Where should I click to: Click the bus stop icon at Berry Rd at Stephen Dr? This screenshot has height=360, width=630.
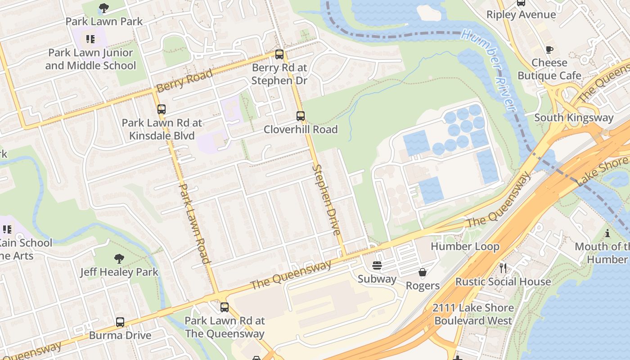click(x=279, y=54)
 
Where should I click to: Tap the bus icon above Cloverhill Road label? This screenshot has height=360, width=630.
click(x=301, y=116)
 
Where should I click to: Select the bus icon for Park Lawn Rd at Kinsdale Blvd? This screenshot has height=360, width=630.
click(x=162, y=109)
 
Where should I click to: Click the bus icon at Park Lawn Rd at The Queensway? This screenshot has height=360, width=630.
click(x=225, y=307)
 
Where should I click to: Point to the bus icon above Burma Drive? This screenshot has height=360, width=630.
click(x=120, y=322)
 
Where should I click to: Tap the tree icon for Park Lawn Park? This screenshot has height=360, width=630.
click(x=104, y=8)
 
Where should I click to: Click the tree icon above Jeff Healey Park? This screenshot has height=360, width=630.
click(x=119, y=259)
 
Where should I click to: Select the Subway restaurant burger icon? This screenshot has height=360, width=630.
click(x=377, y=265)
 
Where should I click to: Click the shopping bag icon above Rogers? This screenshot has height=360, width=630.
click(x=423, y=272)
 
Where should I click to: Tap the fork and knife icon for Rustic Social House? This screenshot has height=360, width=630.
click(x=503, y=268)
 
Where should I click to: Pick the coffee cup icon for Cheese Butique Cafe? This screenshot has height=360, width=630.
click(x=549, y=49)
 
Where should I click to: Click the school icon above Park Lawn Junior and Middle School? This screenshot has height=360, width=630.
click(x=90, y=39)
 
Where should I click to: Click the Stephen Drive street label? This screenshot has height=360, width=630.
click(x=326, y=200)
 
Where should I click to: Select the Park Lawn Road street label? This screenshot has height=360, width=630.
click(x=195, y=223)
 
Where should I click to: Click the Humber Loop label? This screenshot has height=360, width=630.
click(x=465, y=247)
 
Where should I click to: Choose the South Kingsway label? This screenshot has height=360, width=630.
click(x=574, y=118)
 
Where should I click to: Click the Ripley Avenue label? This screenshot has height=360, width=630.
click(x=521, y=15)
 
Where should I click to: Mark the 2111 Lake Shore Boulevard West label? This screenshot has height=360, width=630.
click(x=473, y=314)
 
